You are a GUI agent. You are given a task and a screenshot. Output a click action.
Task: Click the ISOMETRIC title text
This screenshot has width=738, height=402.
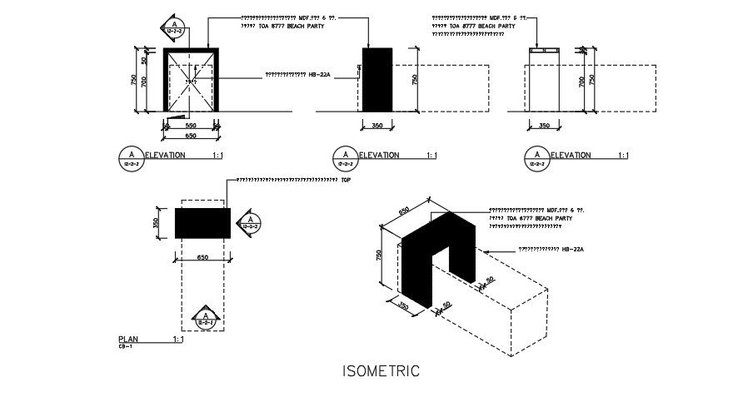tap(381, 371)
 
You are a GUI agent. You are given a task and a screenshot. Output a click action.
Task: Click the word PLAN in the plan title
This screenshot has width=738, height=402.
tap(127, 340)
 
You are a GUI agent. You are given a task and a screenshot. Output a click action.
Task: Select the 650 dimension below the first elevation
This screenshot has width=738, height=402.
tap(191, 135)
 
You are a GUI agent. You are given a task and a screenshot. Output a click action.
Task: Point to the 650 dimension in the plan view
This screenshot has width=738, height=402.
tap(202, 258)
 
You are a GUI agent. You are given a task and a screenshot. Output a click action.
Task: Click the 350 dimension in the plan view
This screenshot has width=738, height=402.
tap(155, 222)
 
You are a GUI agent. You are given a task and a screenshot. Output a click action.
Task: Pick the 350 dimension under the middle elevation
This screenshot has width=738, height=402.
tap(376, 126)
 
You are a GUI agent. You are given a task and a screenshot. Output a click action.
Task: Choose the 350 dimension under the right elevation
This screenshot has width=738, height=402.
tap(543, 126)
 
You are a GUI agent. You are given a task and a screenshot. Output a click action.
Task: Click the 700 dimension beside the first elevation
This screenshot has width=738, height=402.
tap(143, 82)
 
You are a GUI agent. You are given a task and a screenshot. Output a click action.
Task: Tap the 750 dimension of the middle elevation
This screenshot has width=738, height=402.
tap(415, 79)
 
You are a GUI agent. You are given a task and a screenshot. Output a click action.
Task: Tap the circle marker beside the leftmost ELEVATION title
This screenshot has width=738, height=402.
tap(129, 156)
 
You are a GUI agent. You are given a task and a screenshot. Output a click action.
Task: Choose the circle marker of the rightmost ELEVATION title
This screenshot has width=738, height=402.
tap(537, 156)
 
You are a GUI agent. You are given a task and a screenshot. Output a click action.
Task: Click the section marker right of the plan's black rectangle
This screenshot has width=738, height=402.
tap(249, 222)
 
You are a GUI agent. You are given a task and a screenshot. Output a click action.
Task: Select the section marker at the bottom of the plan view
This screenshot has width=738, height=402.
tap(204, 317)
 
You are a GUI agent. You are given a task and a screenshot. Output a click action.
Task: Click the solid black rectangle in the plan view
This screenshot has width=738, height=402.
tap(202, 222)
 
